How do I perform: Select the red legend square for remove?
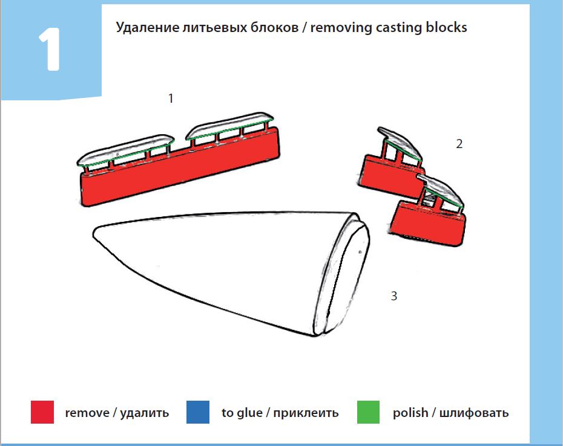click(x=42, y=413)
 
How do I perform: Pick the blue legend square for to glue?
click(x=198, y=413)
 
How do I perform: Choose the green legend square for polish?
click(x=368, y=413)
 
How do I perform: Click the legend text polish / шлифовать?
click(x=450, y=413)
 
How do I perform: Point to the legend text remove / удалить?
click(x=117, y=413)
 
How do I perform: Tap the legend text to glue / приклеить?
click(x=280, y=413)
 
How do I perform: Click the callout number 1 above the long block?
click(x=171, y=98)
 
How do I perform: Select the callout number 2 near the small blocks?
click(x=459, y=144)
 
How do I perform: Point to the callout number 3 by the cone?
click(x=394, y=296)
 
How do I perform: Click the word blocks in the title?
click(x=447, y=28)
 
